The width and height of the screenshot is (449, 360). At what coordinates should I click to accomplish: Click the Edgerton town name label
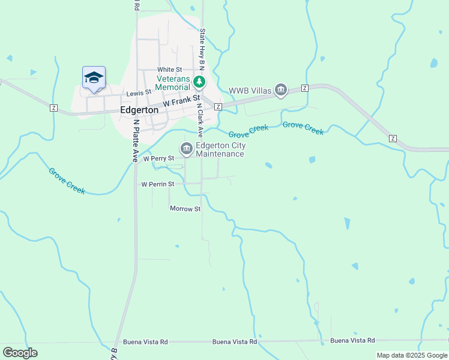pyautogui.click(x=139, y=110)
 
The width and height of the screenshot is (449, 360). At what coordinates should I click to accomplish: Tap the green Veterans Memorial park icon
pyautogui.click(x=199, y=82)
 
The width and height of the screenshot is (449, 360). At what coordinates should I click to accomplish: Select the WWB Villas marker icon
pyautogui.click(x=280, y=91)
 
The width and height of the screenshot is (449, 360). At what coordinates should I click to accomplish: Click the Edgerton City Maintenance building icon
pyautogui.click(x=186, y=148)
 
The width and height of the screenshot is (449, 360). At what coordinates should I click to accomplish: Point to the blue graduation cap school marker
pyautogui.click(x=94, y=77)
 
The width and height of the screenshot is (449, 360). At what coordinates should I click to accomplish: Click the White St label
pyautogui.click(x=169, y=70)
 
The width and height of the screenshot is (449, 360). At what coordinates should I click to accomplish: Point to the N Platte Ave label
pyautogui.click(x=136, y=140)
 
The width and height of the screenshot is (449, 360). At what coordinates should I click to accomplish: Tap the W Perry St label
pyautogui.click(x=158, y=158)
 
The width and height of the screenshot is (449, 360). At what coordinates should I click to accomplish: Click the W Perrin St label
pyautogui.click(x=157, y=184)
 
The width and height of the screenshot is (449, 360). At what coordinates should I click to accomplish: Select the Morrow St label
pyautogui.click(x=185, y=209)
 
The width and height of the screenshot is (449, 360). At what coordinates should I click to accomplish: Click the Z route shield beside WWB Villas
pyautogui.click(x=304, y=88)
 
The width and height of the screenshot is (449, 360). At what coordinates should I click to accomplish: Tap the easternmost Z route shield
pyautogui.click(x=393, y=139)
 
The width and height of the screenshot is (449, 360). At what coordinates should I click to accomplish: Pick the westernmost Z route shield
pyautogui.click(x=54, y=107)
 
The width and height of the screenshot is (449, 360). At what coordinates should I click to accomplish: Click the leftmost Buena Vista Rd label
pyautogui.click(x=145, y=341)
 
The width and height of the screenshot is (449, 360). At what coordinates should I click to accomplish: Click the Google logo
pyautogui.click(x=20, y=353)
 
